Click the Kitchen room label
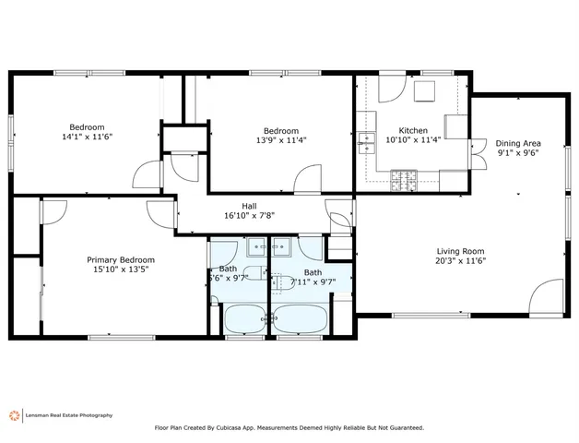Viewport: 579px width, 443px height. click(x=412, y=130)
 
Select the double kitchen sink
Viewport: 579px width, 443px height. click(x=368, y=141)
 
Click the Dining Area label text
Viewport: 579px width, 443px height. click(x=517, y=143)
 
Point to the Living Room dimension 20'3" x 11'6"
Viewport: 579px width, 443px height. click(x=460, y=261)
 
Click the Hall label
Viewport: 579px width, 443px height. click(x=249, y=206)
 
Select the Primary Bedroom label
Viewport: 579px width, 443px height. click(x=121, y=260)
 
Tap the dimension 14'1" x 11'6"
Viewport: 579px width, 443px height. click(x=87, y=137)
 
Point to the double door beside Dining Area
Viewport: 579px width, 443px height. click(x=478, y=149)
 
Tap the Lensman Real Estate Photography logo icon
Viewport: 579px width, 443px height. click(x=13, y=415)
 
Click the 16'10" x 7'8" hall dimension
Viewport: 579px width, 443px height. click(x=249, y=216)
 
